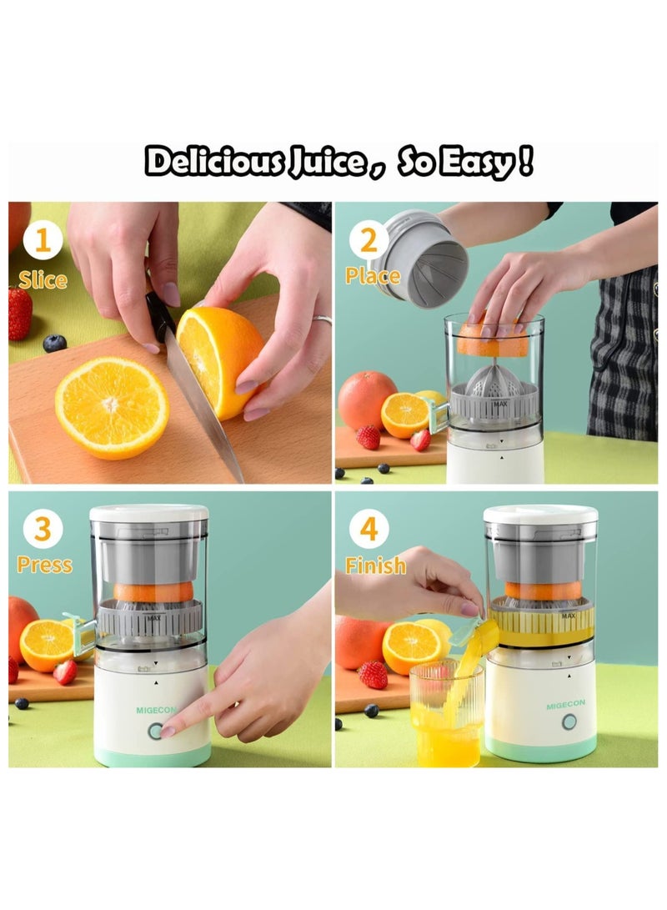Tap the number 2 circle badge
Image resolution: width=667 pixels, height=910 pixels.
pyautogui.click(x=369, y=243)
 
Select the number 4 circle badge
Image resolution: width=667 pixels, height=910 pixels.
pyautogui.click(x=369, y=530)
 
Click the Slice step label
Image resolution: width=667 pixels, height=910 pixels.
pyautogui.click(x=43, y=279)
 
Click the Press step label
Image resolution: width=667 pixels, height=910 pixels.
pyautogui.click(x=44, y=566)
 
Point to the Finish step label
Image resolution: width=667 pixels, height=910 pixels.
pyautogui.click(x=376, y=566)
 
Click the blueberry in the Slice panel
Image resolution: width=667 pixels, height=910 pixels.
pyautogui.click(x=54, y=343)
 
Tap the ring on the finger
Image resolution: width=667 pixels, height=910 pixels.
pyautogui.click(x=322, y=319)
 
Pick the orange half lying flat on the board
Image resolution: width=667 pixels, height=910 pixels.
pyautogui.click(x=112, y=408)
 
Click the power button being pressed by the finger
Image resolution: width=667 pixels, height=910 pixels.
pyautogui.click(x=155, y=731)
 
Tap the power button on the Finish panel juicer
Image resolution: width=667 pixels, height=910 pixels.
pyautogui.click(x=569, y=721)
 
